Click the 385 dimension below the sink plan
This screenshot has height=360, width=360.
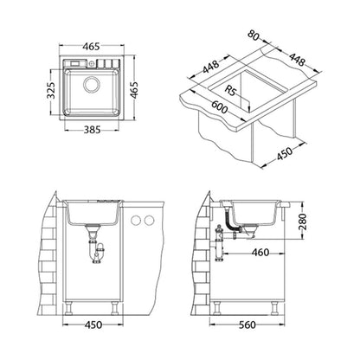pyautogui.click(x=92, y=130)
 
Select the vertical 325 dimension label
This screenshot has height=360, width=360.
pyautogui.click(x=51, y=90)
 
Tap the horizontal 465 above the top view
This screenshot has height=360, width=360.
pyautogui.click(x=91, y=46)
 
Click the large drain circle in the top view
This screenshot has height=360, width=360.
pyautogui.click(x=92, y=84)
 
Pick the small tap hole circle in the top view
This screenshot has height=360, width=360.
pyautogui.click(x=92, y=63)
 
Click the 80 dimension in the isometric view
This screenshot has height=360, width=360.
pyautogui.click(x=254, y=35)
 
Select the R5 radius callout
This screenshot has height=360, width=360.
pyautogui.click(x=230, y=91)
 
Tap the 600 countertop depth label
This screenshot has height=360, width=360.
pyautogui.click(x=220, y=106)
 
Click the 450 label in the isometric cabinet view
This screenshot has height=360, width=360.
pyautogui.click(x=285, y=153)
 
